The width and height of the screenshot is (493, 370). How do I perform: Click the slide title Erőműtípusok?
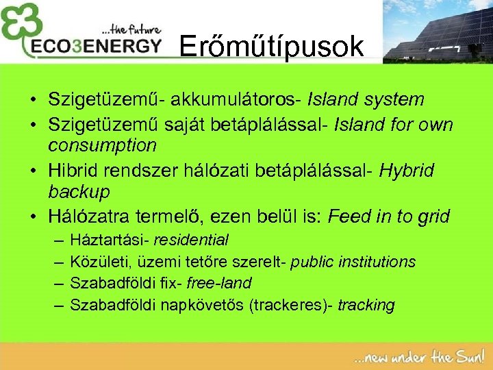(271, 47)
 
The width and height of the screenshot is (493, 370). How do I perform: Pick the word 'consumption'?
(102, 146)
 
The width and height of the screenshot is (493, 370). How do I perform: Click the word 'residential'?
(191, 241)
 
